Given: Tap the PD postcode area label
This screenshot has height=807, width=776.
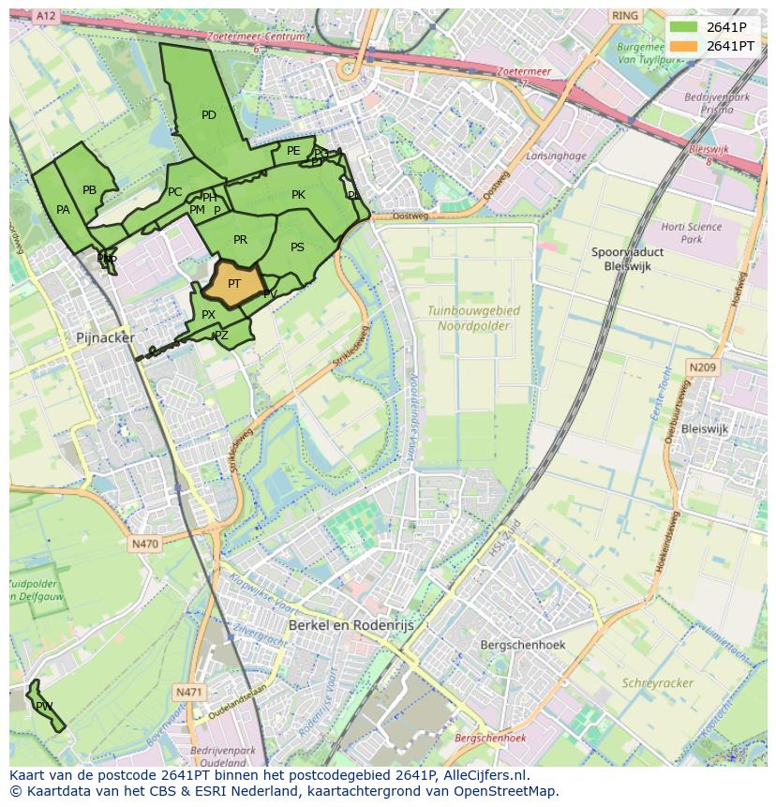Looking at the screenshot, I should tap(209, 115).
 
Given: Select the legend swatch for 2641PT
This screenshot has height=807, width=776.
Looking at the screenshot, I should tap(684, 46).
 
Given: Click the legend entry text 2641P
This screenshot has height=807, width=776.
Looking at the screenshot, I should tap(726, 27).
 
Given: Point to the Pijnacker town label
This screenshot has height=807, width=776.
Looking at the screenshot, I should tap(105, 337).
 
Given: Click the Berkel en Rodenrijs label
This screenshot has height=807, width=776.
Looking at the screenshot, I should tap(351, 624).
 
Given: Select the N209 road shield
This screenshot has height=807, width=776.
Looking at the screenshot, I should tap(702, 368).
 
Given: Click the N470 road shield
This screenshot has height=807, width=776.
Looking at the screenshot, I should tap(145, 544).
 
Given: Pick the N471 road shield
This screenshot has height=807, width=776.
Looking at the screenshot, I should tap(188, 692).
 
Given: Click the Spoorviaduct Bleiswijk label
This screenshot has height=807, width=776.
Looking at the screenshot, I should tap(628, 259).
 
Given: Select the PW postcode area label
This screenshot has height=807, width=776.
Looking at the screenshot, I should tap(43, 706).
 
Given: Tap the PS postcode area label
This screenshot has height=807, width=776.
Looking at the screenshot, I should tap(297, 247).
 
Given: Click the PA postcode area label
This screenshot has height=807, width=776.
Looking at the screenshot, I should tap(63, 210).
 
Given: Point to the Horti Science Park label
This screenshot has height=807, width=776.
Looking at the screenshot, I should tap(691, 232).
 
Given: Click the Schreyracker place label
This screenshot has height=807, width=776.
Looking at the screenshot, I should tap(657, 683).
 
